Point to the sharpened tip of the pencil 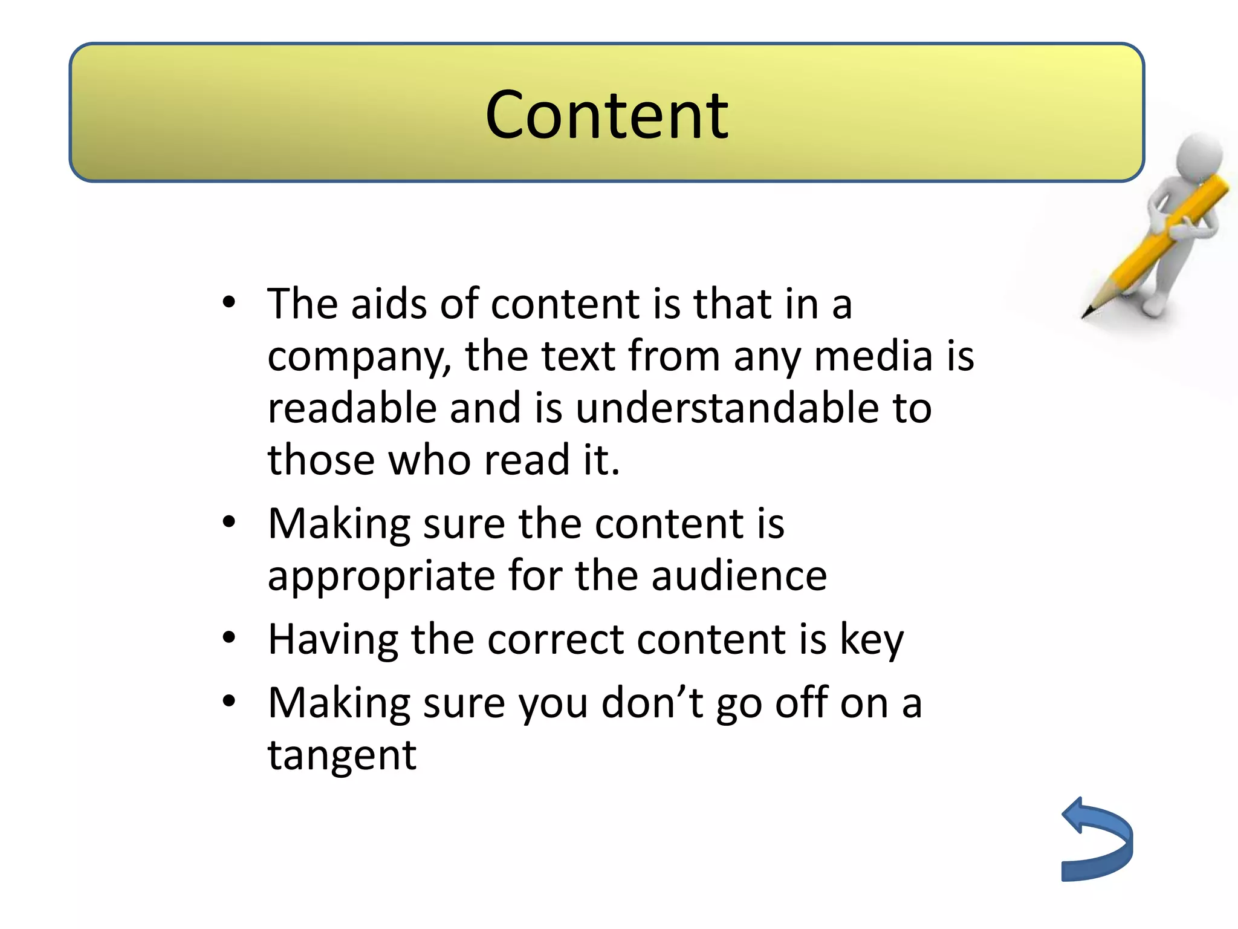[1086, 314]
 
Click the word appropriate [381, 576]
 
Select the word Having [332, 640]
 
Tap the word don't [652, 703]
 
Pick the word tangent [342, 757]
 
